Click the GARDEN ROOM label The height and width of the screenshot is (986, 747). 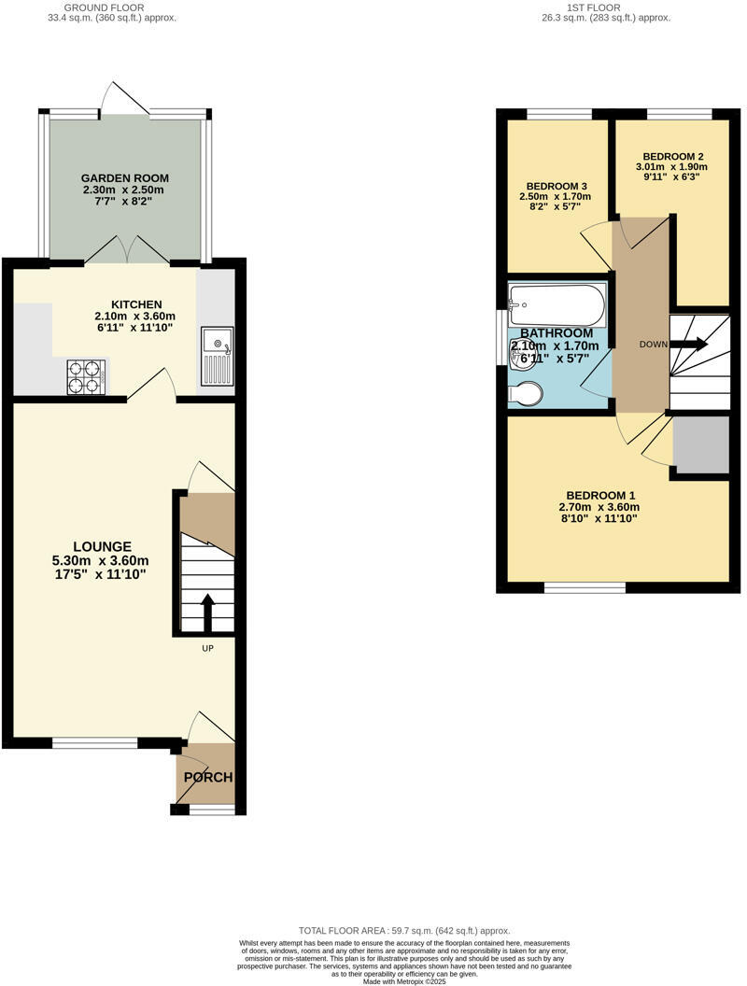[125, 177]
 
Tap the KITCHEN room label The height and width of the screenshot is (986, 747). [137, 304]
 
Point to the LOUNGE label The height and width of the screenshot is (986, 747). [103, 546]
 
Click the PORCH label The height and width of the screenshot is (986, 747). [207, 777]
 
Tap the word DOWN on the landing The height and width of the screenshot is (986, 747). [653, 345]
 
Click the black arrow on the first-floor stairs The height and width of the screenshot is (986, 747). [688, 345]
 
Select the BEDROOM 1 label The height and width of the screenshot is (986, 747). [600, 495]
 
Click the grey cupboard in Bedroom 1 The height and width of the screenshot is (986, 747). [700, 444]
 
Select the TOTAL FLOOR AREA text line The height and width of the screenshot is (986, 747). [404, 931]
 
